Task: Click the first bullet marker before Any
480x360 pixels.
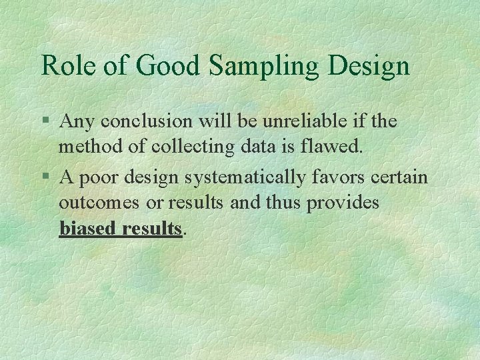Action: coord(45,122)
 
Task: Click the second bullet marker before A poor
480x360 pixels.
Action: coord(45,178)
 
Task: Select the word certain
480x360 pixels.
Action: coord(404,177)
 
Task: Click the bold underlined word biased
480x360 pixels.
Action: coord(87,229)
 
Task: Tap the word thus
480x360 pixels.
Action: coord(283,203)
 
